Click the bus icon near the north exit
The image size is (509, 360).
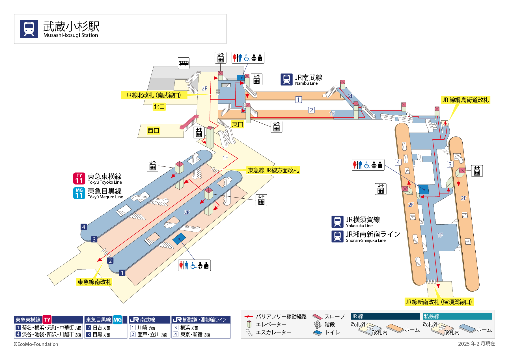coord(184,63)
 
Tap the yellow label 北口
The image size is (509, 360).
coord(159,107)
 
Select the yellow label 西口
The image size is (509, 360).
coord(153,131)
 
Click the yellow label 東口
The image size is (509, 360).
coord(238,124)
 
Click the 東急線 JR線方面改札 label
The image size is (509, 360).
coord(273,170)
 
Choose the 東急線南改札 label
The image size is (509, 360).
coord(94,282)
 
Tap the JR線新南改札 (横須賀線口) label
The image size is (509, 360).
coord(439,302)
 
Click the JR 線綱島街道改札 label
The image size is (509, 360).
coord(465,100)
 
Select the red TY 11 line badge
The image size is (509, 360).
coord(79,179)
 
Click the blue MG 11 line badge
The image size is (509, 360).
coord(79,193)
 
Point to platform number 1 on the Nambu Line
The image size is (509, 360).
coord(298,99)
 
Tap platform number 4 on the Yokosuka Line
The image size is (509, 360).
coord(398,162)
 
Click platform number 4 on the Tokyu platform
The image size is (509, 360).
coord(83,227)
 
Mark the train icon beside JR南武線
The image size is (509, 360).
coord(286,79)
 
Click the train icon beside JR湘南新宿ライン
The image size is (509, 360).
coord(337,237)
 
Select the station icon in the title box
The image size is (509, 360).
coord(29,29)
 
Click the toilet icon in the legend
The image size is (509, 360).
coord(318,333)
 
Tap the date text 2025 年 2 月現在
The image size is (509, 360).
coord(476,344)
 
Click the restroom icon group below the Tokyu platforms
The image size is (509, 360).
coord(194,265)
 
